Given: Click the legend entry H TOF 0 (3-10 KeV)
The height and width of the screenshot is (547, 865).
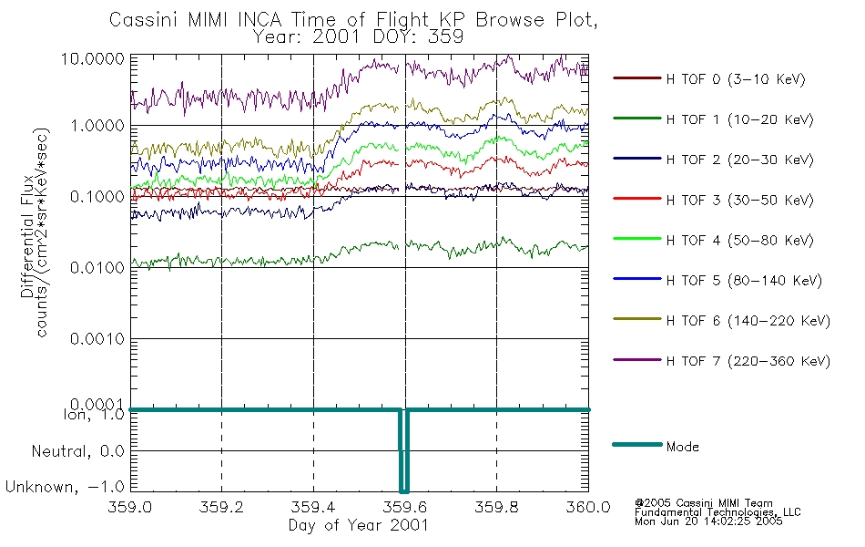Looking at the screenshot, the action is [x=736, y=79].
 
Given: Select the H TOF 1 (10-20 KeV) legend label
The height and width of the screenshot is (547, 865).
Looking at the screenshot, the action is [x=739, y=119].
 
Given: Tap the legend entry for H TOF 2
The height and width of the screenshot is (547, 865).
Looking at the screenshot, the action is [x=739, y=160].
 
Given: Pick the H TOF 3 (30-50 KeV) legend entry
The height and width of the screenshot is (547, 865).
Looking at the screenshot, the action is [x=739, y=200].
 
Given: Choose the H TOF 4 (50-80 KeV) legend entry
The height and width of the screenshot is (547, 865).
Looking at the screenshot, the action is [x=739, y=241].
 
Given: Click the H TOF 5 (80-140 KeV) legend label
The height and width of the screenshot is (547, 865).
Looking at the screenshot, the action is [x=744, y=281].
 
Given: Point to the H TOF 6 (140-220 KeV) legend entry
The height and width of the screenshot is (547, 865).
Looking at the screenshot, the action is [x=748, y=321].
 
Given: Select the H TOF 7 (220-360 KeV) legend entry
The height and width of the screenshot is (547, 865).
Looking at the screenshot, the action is [x=748, y=361].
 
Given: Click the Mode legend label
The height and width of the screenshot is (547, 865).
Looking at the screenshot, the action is [x=682, y=447].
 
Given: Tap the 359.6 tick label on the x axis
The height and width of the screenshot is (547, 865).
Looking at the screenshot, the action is [x=405, y=507].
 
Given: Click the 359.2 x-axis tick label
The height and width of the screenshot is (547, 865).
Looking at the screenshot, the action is [x=221, y=507].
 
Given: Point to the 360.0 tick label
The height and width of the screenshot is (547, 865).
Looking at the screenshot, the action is [x=588, y=507].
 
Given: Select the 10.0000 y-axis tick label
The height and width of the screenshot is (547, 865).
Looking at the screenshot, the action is [x=93, y=58].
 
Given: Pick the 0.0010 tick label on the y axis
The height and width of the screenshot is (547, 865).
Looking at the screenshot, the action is [x=97, y=339].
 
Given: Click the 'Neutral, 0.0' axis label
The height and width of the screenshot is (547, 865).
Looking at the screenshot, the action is [x=77, y=452].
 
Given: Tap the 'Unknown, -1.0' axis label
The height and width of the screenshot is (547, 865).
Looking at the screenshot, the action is [x=65, y=487].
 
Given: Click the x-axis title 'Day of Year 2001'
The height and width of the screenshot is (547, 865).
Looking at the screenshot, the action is [x=359, y=525].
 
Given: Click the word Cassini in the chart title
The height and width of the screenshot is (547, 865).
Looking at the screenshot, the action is [x=143, y=20].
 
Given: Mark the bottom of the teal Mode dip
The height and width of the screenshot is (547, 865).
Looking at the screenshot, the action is [x=404, y=490].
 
